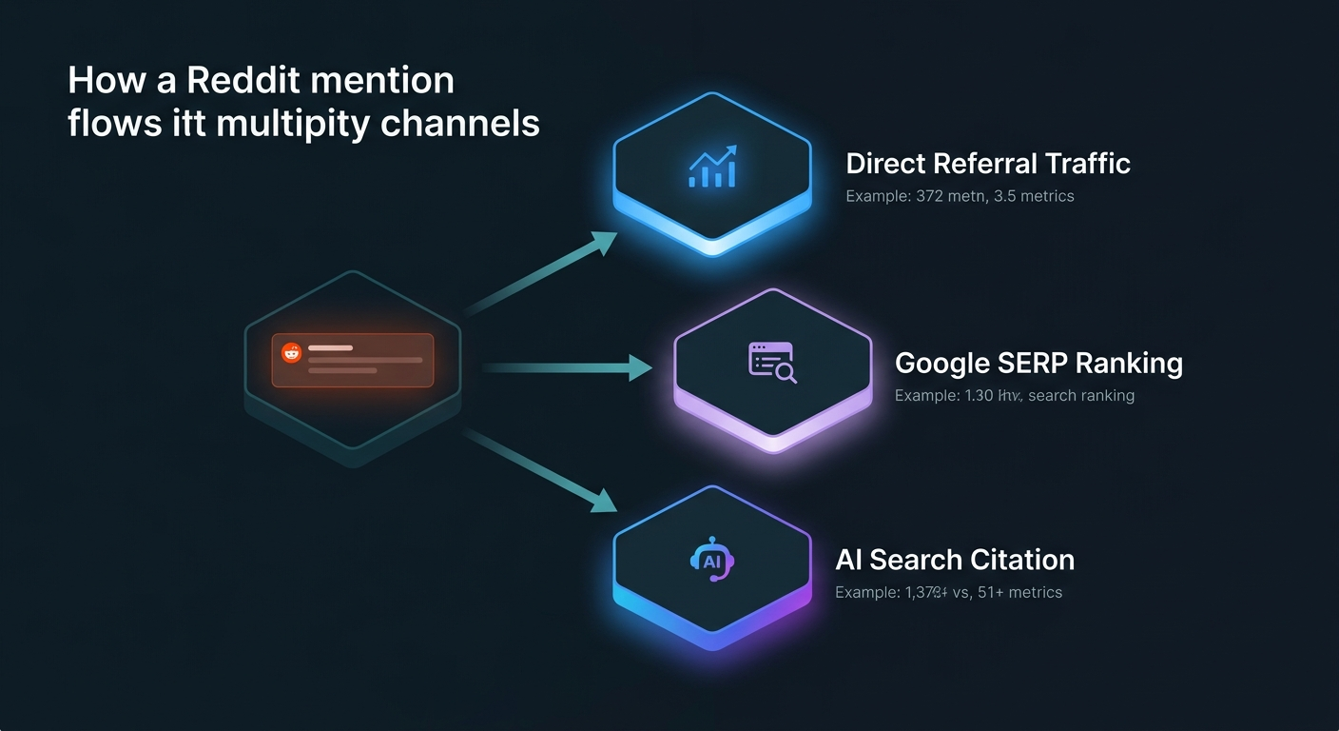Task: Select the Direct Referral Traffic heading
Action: (987, 164)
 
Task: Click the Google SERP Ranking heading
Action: (1038, 363)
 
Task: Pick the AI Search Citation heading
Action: (955, 560)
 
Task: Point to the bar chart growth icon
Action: (712, 167)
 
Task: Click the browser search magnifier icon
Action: (772, 363)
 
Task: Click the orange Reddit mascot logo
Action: (291, 352)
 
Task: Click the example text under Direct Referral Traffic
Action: (959, 197)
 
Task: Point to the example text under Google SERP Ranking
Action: (1014, 395)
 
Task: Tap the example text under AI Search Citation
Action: (948, 593)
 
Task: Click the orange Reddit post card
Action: (352, 360)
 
